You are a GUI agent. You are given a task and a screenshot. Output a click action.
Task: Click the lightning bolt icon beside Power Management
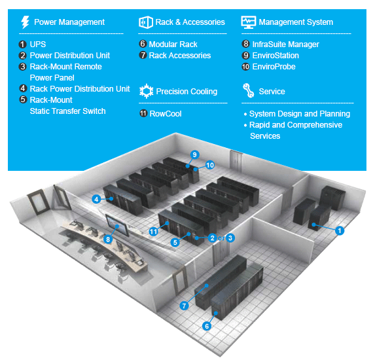click(25, 22)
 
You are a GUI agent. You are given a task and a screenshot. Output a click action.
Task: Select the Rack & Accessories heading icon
click(145, 22)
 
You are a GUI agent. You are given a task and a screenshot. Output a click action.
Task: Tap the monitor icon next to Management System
click(248, 22)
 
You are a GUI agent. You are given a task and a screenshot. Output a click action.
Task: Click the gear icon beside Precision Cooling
click(145, 92)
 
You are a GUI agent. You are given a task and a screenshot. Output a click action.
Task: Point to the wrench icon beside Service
click(248, 90)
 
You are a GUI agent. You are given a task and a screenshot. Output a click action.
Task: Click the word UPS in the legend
click(38, 45)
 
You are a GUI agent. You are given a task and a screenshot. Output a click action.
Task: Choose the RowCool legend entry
click(165, 114)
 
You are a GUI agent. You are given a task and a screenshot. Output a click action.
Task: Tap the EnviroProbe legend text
click(274, 67)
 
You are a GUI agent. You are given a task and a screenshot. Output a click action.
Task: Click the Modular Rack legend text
click(173, 45)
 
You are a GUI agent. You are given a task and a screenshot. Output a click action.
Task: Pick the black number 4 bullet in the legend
click(23, 89)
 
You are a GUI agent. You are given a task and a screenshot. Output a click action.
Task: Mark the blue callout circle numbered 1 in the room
click(340, 230)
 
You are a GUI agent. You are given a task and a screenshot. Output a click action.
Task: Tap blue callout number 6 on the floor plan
click(207, 325)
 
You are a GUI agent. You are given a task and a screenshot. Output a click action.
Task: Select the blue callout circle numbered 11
click(154, 230)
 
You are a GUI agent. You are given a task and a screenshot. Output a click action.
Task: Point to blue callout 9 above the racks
click(194, 154)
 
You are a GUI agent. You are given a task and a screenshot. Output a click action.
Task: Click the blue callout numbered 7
click(185, 305)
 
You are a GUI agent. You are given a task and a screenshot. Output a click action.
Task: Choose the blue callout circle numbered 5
click(175, 242)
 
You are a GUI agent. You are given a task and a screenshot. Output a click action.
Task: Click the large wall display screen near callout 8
click(126, 225)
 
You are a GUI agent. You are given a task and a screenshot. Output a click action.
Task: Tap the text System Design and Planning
click(300, 114)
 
